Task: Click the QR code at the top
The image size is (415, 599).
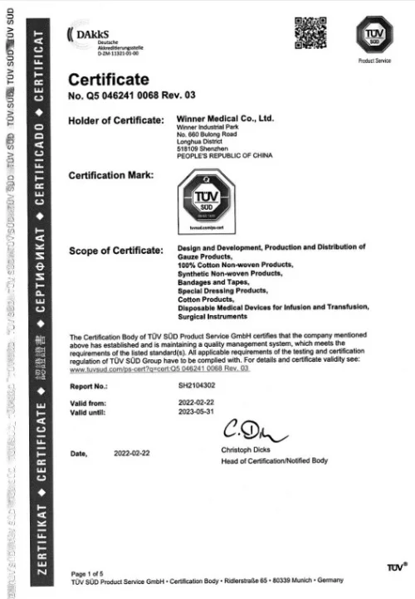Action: point(307,32)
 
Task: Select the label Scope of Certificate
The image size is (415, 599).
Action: point(114,251)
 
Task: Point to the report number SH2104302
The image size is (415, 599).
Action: point(196,385)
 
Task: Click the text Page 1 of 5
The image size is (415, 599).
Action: point(90,574)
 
